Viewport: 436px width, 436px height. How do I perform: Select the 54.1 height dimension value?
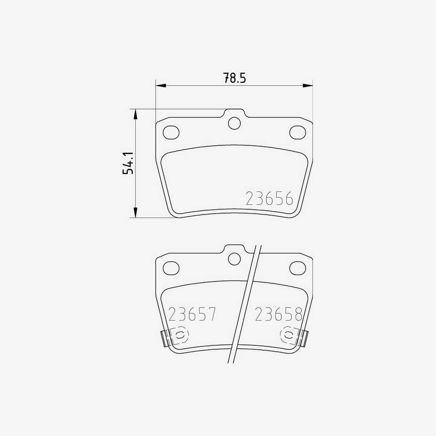(x=127, y=163)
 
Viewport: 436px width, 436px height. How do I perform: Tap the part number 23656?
(x=269, y=199)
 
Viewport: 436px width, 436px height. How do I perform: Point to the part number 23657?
(x=192, y=315)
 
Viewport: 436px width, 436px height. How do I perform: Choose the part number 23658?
(x=279, y=315)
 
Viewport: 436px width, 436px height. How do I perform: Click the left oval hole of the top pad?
(x=171, y=132)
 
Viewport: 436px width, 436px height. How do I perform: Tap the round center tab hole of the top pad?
(x=234, y=123)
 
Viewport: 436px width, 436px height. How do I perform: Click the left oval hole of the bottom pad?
(x=171, y=267)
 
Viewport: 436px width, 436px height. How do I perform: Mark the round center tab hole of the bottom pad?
(x=234, y=259)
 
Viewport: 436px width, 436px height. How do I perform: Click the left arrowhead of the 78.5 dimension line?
(x=160, y=86)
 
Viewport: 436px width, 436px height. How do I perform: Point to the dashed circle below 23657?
(x=179, y=335)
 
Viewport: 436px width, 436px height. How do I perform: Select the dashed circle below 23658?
(x=289, y=335)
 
